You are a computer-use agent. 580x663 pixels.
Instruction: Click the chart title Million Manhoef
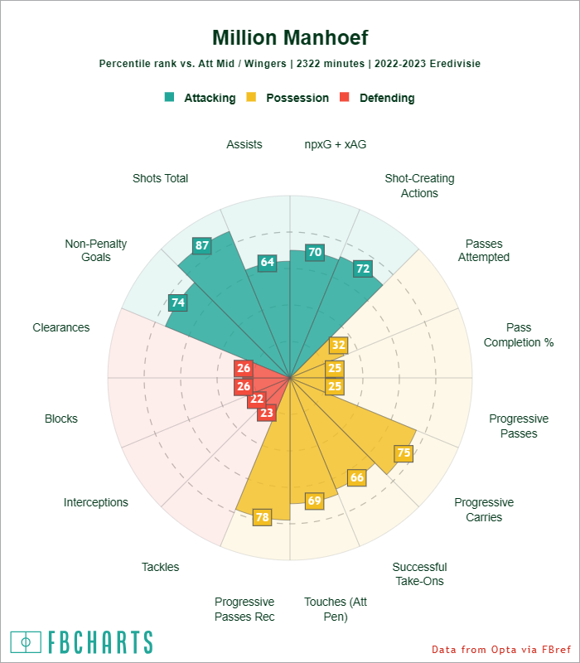[x=290, y=38]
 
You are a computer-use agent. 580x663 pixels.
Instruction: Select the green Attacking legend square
[x=170, y=97]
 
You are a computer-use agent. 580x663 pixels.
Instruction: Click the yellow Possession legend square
[x=252, y=97]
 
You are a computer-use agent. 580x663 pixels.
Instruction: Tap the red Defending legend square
[x=346, y=97]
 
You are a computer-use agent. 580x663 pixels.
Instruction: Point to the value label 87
[x=202, y=245]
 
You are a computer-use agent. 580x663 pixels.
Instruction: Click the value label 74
[x=177, y=302]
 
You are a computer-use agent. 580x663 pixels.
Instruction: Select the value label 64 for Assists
[x=267, y=262]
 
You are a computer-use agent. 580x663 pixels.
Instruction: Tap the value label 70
[x=314, y=253]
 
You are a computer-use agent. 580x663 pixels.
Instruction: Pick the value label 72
[x=362, y=269]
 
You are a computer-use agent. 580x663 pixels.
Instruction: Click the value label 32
[x=338, y=345]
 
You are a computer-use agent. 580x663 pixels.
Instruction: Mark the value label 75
[x=404, y=452]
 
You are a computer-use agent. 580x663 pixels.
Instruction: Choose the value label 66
[x=357, y=477]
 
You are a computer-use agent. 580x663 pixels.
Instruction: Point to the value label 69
[x=315, y=501]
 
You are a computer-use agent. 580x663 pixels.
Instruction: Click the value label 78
[x=262, y=517]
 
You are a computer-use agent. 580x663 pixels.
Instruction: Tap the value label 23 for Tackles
[x=266, y=413]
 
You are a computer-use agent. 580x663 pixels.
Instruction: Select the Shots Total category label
[x=160, y=178]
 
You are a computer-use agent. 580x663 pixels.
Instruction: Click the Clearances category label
[x=61, y=327]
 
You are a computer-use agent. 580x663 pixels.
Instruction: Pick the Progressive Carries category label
[x=484, y=510]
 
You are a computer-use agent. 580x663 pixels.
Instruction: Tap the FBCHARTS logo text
[x=99, y=642]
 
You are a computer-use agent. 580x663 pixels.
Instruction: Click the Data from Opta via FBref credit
[x=501, y=649]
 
